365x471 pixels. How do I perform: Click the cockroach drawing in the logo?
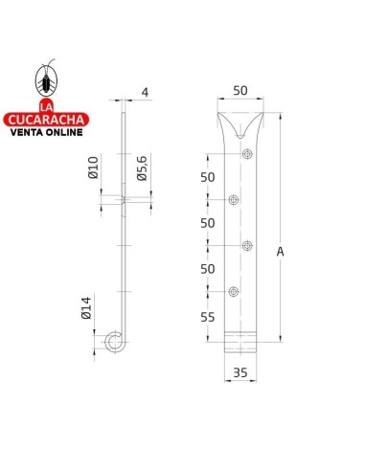click(46, 78)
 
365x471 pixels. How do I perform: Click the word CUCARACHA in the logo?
click(46, 120)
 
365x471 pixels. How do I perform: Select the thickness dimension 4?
click(145, 93)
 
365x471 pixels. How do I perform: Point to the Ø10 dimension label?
click(93, 168)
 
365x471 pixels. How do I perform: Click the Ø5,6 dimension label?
click(142, 168)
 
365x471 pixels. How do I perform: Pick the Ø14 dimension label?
click(86, 308)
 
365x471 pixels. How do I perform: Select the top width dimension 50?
click(240, 91)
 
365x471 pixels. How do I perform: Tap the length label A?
click(280, 252)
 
